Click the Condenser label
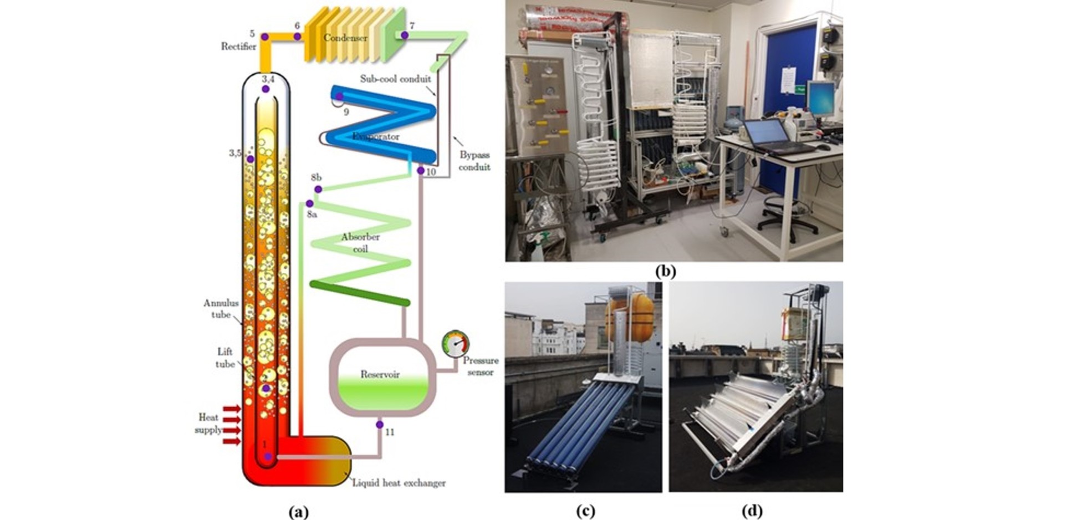click(x=345, y=38)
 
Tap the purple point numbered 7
click(x=405, y=35)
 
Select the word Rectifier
click(x=238, y=47)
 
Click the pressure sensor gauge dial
click(x=456, y=344)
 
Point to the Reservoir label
click(x=380, y=374)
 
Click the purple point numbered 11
click(x=380, y=425)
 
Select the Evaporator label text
click(x=375, y=136)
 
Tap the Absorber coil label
click(x=360, y=243)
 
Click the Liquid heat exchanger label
click(x=399, y=483)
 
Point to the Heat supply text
click(x=208, y=424)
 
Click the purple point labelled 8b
click(x=318, y=190)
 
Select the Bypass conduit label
click(x=474, y=161)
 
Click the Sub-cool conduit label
click(x=395, y=79)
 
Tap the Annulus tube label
click(x=221, y=309)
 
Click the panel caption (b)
click(x=665, y=272)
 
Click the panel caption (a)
click(x=299, y=511)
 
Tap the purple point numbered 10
click(x=421, y=171)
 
